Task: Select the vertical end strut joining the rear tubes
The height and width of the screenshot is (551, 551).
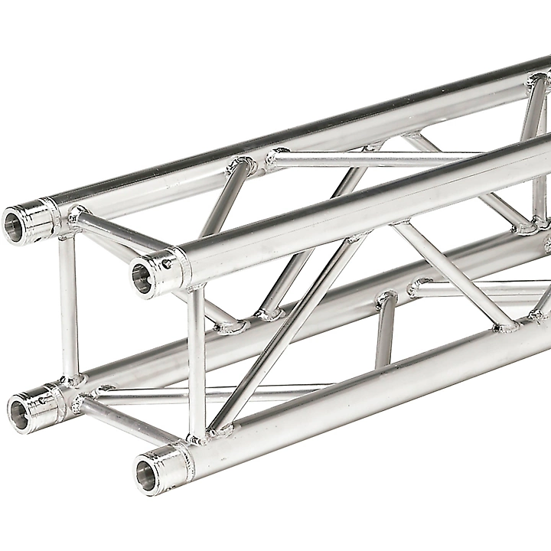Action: tap(69, 306)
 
